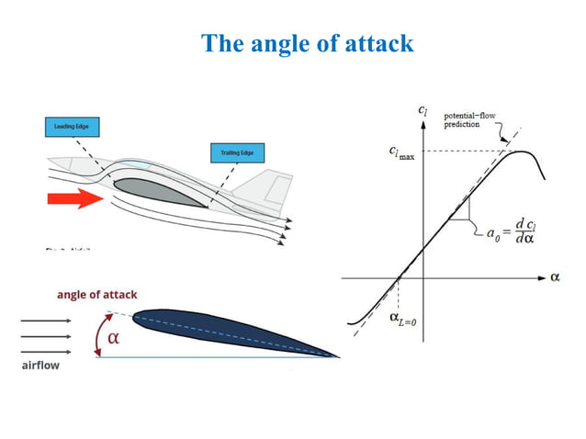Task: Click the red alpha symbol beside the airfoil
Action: [x=114, y=337]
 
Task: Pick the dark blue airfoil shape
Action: [x=230, y=331]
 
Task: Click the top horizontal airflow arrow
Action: [x=45, y=321]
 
